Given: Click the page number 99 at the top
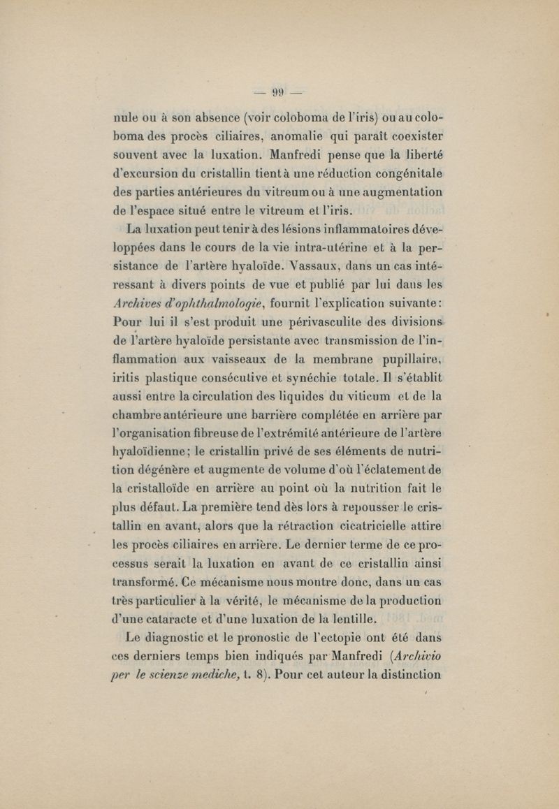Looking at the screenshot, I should click(279, 91).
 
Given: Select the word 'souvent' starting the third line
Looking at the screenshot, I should click(136, 152).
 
